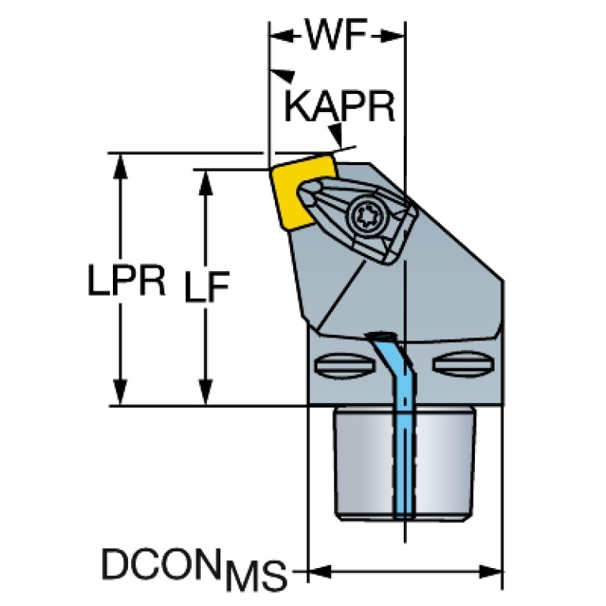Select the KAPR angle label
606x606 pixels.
click(x=339, y=107)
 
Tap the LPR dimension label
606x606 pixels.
click(x=126, y=280)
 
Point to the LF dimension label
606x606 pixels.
click(x=207, y=286)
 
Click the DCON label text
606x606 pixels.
click(x=164, y=563)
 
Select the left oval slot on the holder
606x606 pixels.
click(x=344, y=364)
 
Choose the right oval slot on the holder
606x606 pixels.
click(x=463, y=363)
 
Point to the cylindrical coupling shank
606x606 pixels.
click(x=405, y=464)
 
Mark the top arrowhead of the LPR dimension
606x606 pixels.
click(x=120, y=165)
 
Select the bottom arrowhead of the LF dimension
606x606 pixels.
click(x=205, y=392)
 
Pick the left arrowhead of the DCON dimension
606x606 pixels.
click(x=320, y=570)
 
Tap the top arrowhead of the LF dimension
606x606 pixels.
click(x=205, y=183)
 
